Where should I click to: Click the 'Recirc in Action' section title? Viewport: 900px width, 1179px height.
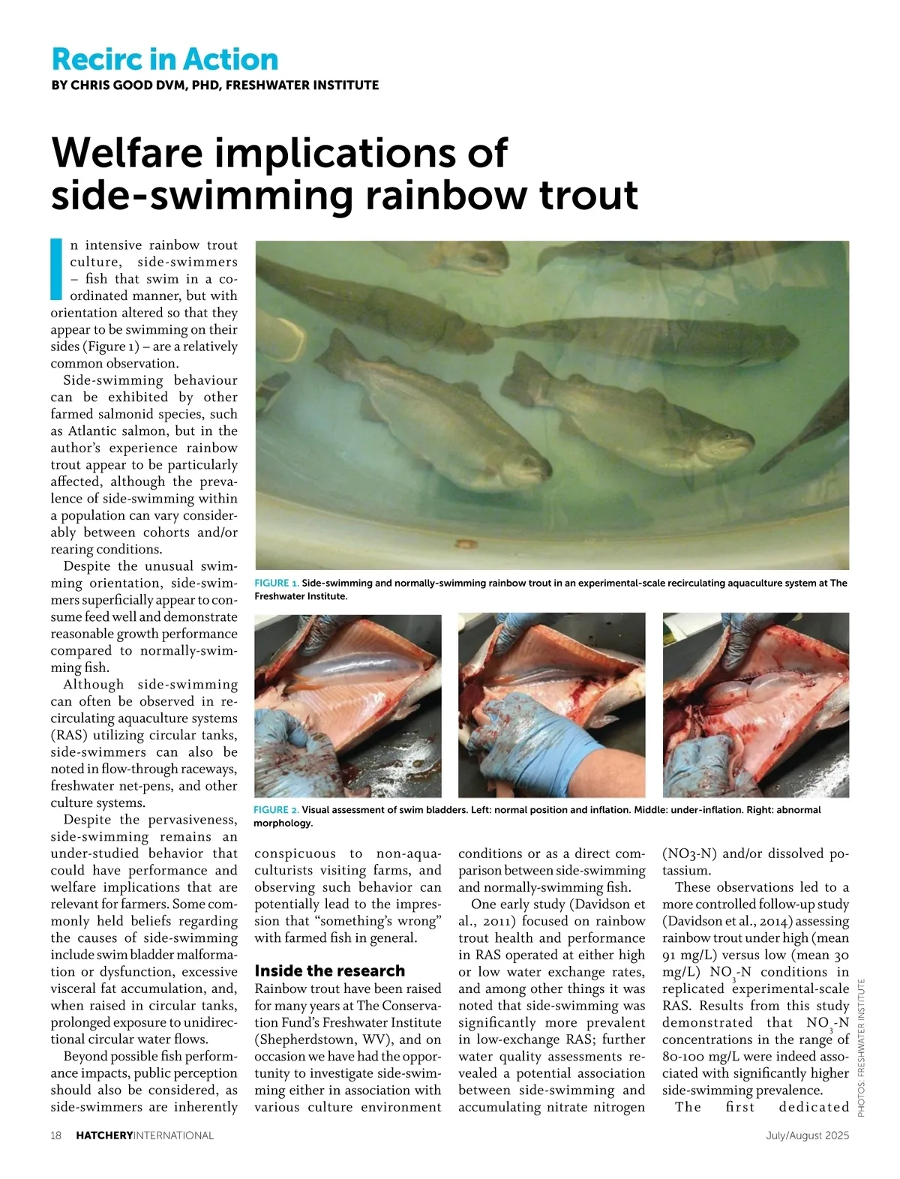pos(165,59)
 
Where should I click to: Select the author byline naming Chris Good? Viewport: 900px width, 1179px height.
pos(214,85)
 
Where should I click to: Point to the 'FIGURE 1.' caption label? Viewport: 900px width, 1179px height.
pos(277,583)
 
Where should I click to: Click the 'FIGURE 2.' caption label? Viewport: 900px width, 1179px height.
pos(276,809)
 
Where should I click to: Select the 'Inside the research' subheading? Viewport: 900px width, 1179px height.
pos(329,970)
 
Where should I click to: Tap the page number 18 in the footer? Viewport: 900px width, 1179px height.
pos(56,1135)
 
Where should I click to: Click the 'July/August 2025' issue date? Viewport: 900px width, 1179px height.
pos(807,1135)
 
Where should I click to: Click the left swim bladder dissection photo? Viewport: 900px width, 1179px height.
pos(348,704)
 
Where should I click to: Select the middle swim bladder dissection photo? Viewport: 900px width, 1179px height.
pos(551,704)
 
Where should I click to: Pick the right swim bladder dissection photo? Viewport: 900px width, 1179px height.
pos(756,704)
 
